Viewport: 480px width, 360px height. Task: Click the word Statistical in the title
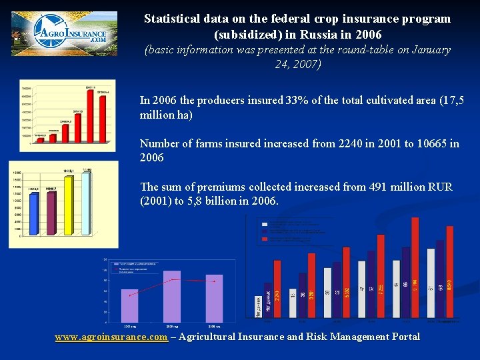click(170, 19)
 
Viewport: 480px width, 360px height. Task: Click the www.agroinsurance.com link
click(111, 337)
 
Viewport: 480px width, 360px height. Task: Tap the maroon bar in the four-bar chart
click(51, 213)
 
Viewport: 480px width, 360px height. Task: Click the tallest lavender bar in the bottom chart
click(172, 297)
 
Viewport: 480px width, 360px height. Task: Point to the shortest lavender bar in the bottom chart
click(129, 306)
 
